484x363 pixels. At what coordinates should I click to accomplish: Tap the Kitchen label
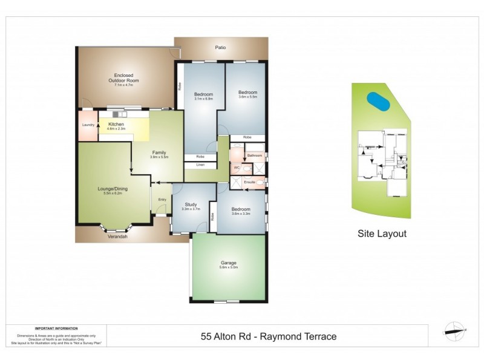pyautogui.click(x=116, y=124)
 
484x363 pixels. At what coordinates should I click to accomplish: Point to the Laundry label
pyautogui.click(x=88, y=125)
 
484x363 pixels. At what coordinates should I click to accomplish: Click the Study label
pyautogui.click(x=190, y=204)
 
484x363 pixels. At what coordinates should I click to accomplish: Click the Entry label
pyautogui.click(x=162, y=200)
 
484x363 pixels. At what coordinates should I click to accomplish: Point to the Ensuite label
pyautogui.click(x=250, y=181)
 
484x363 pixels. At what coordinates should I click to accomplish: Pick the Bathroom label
pyautogui.click(x=255, y=155)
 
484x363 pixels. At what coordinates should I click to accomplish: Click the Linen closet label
pyautogui.click(x=200, y=165)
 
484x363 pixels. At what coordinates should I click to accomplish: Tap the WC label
pyautogui.click(x=238, y=168)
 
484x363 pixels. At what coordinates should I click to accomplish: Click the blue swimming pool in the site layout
pyautogui.click(x=378, y=100)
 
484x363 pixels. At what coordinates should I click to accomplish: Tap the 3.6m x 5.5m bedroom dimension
pyautogui.click(x=247, y=97)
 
